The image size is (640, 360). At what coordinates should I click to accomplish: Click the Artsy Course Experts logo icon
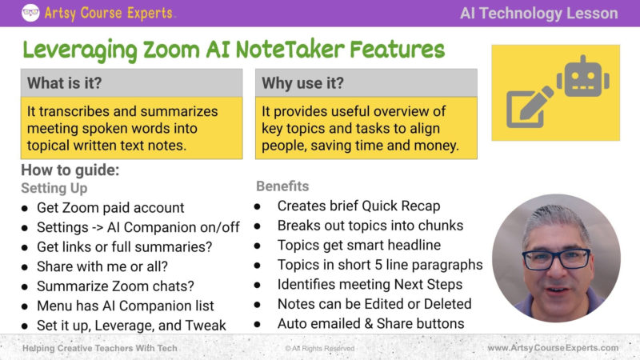click(30, 13)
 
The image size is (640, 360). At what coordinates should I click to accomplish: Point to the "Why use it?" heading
click(302, 82)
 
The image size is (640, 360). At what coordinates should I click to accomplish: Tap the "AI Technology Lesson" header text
click(538, 13)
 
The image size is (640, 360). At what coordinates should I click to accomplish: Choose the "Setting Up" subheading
click(54, 188)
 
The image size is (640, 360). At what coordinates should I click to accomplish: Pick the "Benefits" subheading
click(282, 186)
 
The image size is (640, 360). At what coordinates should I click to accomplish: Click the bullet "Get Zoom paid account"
click(110, 208)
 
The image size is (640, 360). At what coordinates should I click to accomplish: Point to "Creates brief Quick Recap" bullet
click(358, 206)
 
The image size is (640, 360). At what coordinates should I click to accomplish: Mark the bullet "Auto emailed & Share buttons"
click(370, 323)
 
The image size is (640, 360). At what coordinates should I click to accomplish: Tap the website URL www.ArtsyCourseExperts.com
click(553, 348)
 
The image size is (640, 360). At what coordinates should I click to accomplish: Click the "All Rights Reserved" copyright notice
click(320, 349)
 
